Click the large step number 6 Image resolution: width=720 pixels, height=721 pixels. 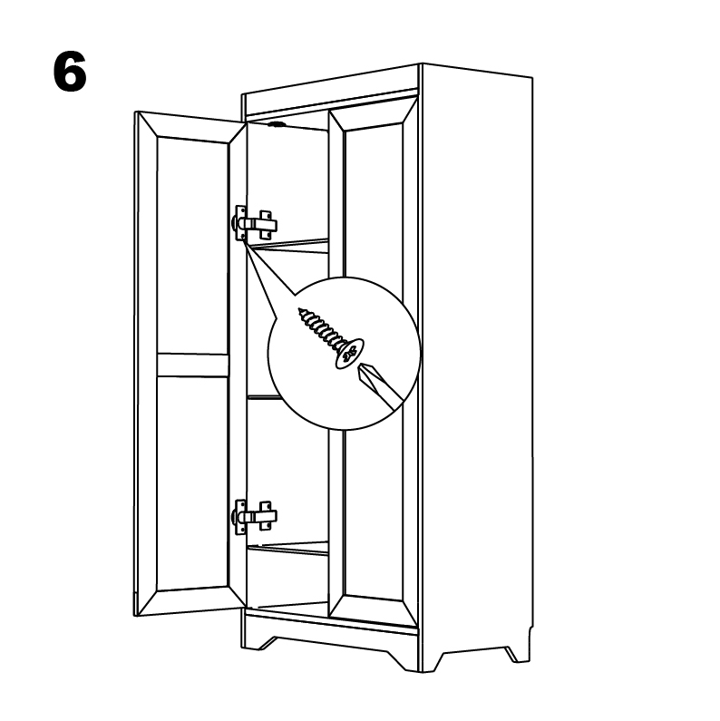(70, 72)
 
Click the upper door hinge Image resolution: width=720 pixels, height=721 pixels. (254, 223)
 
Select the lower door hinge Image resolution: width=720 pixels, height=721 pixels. (254, 517)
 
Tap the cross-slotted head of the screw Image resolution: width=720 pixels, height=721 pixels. (349, 353)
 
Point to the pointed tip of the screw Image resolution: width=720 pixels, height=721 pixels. (300, 309)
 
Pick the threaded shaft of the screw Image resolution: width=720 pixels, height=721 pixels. (321, 328)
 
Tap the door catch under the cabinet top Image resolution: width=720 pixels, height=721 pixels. (276, 124)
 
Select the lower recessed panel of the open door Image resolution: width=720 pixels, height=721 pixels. (192, 482)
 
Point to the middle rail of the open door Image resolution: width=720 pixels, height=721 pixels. (192, 365)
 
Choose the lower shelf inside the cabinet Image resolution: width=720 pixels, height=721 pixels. (288, 548)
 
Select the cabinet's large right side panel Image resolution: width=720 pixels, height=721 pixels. (477, 368)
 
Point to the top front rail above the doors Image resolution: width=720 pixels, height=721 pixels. (331, 102)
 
